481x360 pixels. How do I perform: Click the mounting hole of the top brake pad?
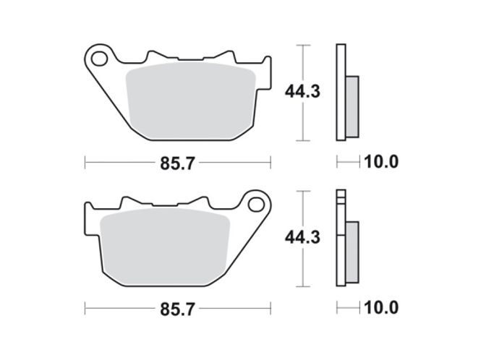click(x=99, y=59)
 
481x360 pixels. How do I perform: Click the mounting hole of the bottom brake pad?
click(x=256, y=205)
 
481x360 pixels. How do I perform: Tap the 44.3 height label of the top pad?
click(x=302, y=92)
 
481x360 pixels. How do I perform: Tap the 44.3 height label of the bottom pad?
click(x=302, y=237)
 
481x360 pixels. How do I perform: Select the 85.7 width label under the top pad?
click(x=178, y=163)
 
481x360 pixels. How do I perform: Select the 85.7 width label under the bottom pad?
click(x=178, y=309)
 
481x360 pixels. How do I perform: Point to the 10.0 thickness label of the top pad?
click(x=381, y=162)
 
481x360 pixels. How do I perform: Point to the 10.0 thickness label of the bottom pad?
click(x=381, y=307)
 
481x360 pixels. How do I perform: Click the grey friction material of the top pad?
click(x=191, y=100)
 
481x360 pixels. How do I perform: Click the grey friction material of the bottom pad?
click(x=165, y=247)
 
